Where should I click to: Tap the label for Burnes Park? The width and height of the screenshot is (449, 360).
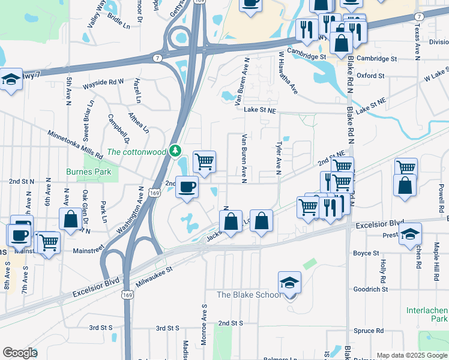(x=89, y=172)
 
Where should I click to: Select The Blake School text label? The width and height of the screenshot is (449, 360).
(x=249, y=295)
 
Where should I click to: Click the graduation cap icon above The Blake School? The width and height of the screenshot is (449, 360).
(x=289, y=281)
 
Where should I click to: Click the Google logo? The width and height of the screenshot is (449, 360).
(x=20, y=352)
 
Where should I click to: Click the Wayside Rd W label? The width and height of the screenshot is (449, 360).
(x=103, y=81)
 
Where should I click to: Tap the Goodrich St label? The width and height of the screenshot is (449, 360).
(x=371, y=289)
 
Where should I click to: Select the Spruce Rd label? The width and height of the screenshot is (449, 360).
(x=369, y=331)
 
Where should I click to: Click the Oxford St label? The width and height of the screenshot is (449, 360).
(x=370, y=76)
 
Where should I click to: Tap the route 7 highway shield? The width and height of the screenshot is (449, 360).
(x=157, y=58)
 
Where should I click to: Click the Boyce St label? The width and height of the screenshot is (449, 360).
(x=366, y=254)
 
